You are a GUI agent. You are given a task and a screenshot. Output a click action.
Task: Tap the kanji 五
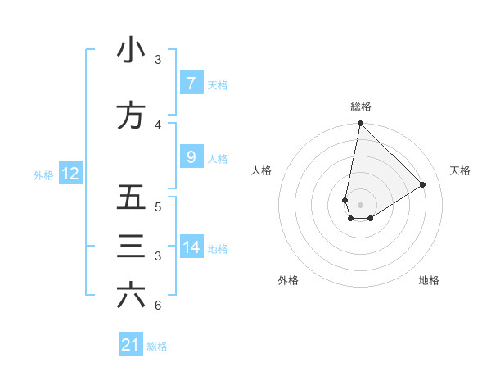[131, 198]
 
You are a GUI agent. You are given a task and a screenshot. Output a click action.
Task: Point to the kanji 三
[131, 247]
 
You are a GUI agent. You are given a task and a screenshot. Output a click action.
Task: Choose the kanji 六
[131, 296]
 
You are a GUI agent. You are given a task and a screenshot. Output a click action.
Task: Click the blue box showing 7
[191, 83]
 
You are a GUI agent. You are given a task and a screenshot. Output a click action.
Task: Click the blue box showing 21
[131, 345]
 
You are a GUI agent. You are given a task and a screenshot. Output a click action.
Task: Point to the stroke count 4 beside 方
[158, 125]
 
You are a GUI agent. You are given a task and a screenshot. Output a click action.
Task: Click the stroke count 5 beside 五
[158, 206]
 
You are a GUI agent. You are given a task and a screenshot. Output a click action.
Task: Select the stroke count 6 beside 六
[158, 306]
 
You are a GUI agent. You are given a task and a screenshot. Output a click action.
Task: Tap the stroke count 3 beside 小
[158, 60]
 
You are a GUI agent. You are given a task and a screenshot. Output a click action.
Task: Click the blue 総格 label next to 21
[157, 346]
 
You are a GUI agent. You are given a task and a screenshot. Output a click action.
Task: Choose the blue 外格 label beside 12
[43, 174]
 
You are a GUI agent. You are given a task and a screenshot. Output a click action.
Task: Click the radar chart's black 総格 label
[360, 106]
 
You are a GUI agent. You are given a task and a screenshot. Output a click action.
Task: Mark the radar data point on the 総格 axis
[360, 124]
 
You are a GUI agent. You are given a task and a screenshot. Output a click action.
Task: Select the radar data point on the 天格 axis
[423, 185]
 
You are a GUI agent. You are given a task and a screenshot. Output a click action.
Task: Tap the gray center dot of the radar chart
[360, 205]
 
